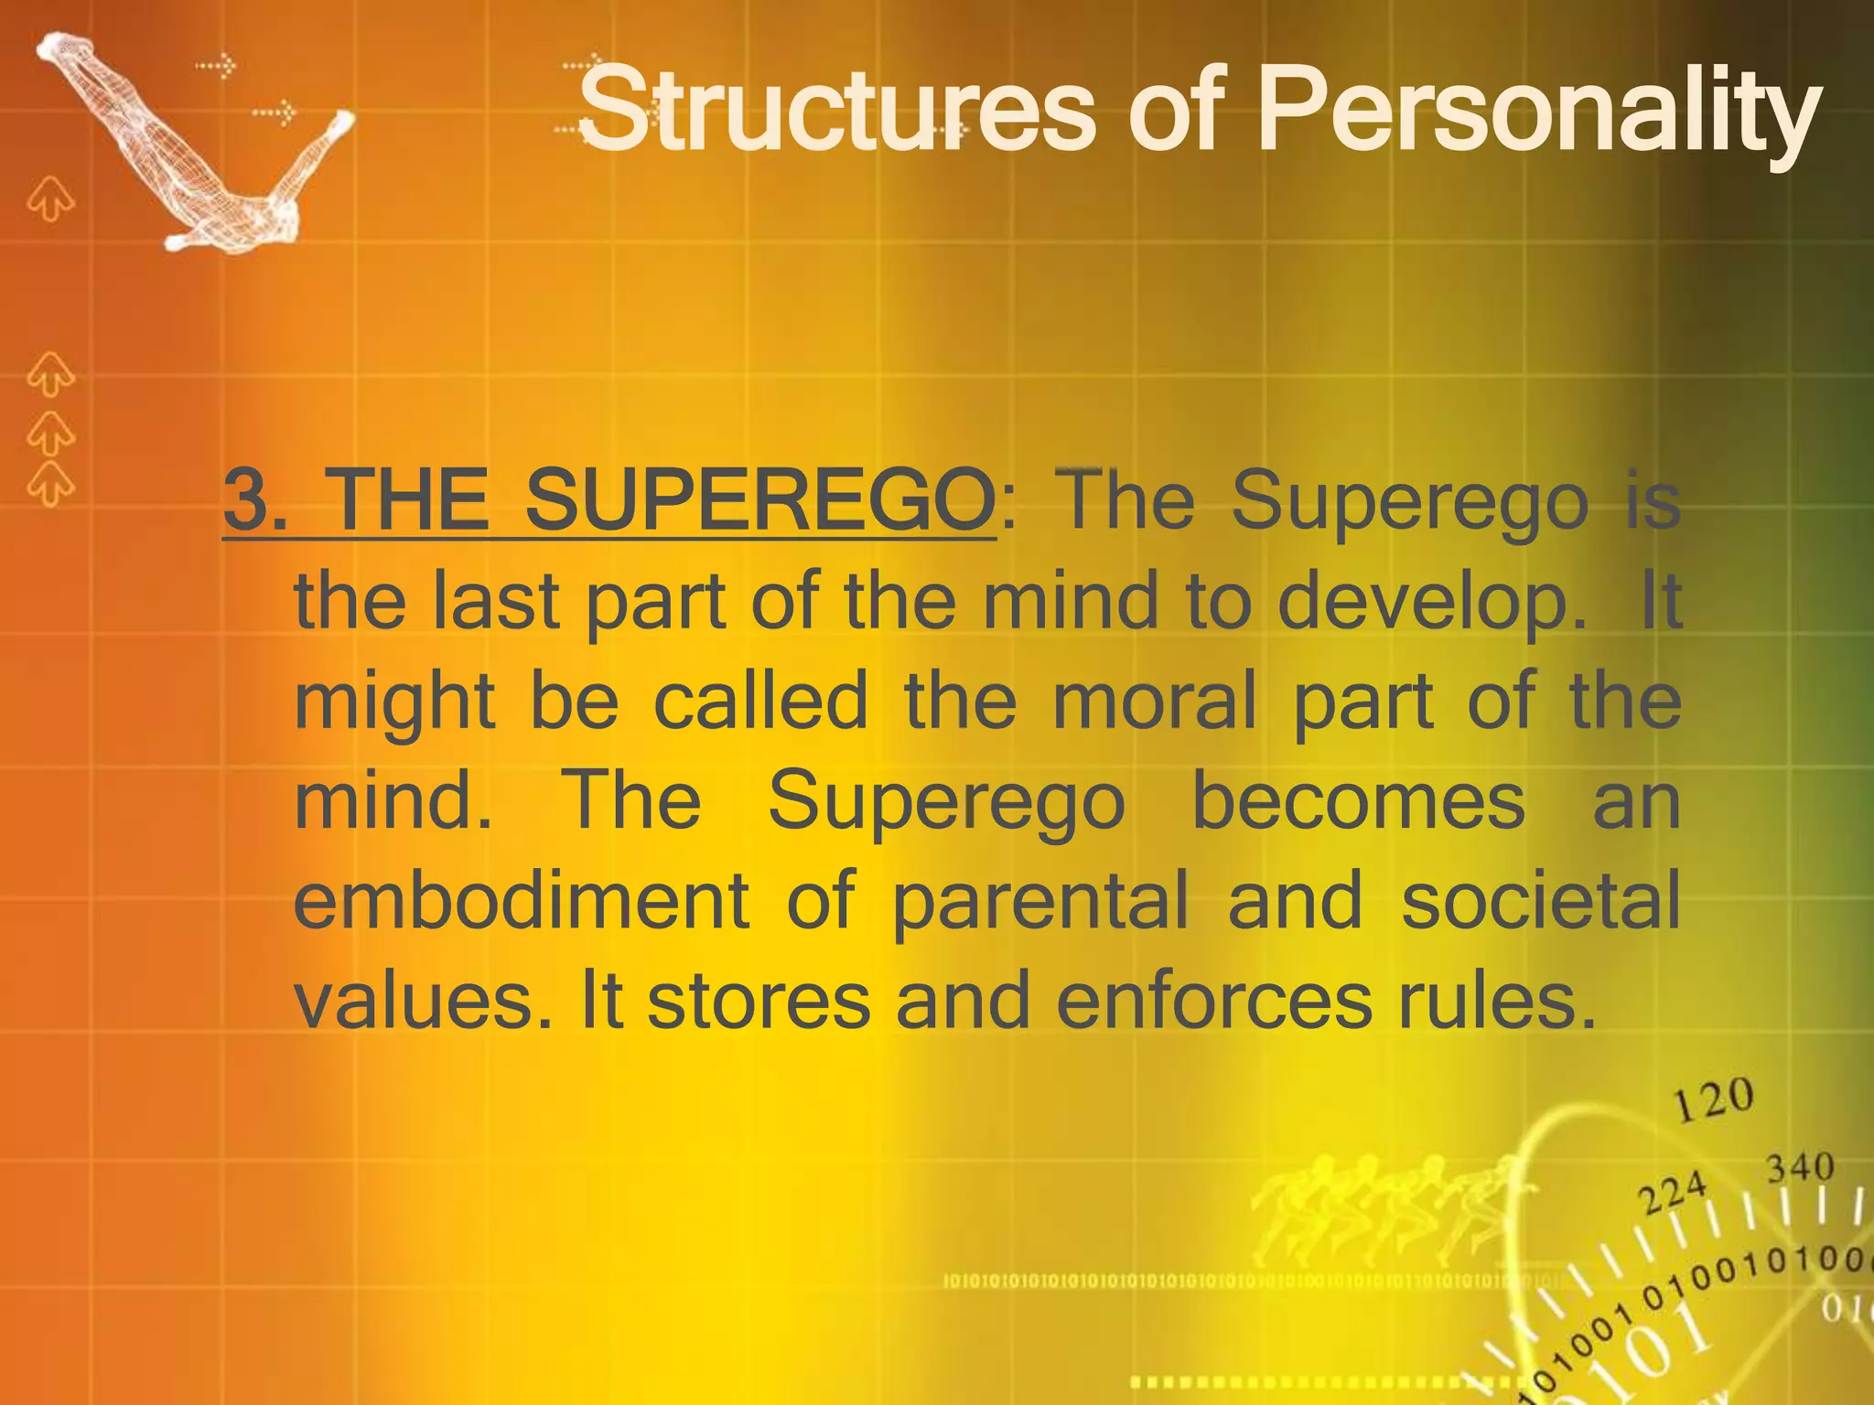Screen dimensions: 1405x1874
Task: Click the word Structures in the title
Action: coord(835,112)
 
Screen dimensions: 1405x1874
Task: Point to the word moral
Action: coord(1155,702)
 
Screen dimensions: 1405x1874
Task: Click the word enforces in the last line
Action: coord(1213,1002)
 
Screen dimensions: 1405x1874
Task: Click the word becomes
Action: coord(1358,801)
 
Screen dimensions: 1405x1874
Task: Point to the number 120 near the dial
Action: coord(1713,1099)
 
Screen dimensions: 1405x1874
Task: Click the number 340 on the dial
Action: coord(1799,1168)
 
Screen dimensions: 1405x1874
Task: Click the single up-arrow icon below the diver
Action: coord(49,199)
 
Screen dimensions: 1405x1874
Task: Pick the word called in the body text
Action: coord(760,702)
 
